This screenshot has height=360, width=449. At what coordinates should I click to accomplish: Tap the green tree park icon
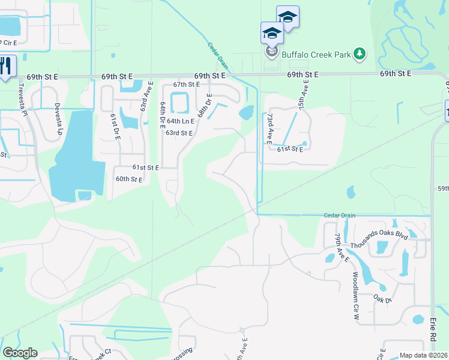pyautogui.click(x=360, y=55)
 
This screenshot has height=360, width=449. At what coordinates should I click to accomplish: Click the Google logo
pyautogui.click(x=20, y=353)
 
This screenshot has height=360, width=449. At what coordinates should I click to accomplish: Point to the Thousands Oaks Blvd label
pyautogui.click(x=379, y=236)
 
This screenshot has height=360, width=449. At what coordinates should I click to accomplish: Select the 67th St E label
pyautogui.click(x=186, y=85)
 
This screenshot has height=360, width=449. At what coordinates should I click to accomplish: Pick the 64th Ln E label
pyautogui.click(x=181, y=121)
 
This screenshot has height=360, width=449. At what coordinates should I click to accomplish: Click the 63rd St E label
pyautogui.click(x=179, y=133)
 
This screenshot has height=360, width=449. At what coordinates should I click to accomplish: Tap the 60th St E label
pyautogui.click(x=129, y=179)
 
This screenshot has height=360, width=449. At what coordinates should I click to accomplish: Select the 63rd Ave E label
pyautogui.click(x=143, y=97)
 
